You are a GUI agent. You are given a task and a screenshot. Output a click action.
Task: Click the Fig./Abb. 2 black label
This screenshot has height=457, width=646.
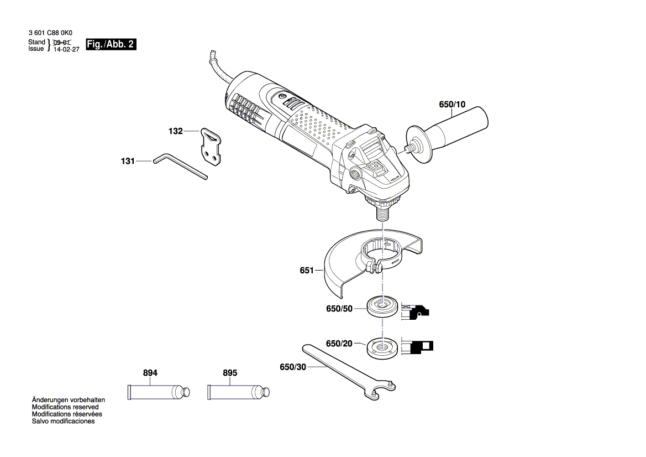coord(111,45)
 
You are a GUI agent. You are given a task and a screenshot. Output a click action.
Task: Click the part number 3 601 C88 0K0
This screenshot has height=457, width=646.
coord(50,33)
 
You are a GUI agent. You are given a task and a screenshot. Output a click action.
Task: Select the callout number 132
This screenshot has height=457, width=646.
coord(175,132)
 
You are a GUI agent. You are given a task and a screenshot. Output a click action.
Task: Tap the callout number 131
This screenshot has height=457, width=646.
coord(128,162)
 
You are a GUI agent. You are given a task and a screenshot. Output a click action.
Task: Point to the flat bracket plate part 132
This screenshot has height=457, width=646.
coord(211,147)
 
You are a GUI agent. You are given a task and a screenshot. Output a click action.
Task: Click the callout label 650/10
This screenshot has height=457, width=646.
coord(452,104)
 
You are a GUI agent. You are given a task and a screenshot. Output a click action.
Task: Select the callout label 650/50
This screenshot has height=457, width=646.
coord(339,309)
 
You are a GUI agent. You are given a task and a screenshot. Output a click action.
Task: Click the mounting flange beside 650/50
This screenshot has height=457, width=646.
coord(382,307)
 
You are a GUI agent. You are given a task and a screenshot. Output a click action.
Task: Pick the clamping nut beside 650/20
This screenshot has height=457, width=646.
coord(382,346)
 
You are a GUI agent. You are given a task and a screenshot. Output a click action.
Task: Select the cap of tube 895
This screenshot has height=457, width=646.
coord(266,392)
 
